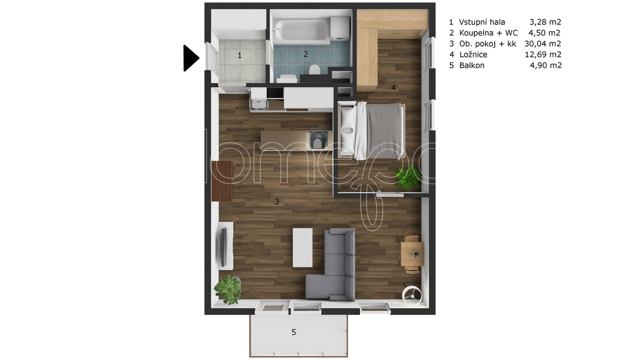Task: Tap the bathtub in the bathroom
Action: click(302, 31)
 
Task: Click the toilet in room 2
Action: click(314, 70)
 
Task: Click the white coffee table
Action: click(302, 247)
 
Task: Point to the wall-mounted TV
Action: click(223, 246)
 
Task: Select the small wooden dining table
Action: click(412, 254)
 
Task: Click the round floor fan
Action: click(412, 295)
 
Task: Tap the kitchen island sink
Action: click(318, 139)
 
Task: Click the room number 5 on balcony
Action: click(294, 332)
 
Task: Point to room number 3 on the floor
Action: click(277, 201)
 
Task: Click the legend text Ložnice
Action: click(473, 55)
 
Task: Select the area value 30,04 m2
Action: click(543, 44)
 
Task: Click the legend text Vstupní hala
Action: click(482, 22)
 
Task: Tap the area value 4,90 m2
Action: click(546, 65)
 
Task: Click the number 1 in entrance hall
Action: click(239, 55)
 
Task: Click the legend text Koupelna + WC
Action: click(488, 33)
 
